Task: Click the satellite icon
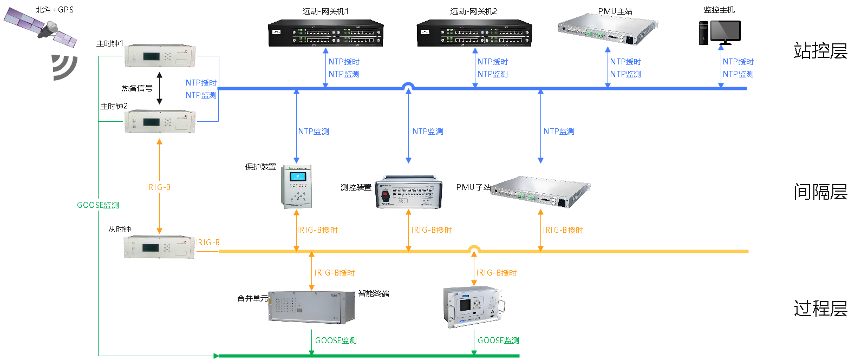click(41, 28)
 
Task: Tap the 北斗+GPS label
click(55, 10)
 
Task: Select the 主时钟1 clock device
click(160, 56)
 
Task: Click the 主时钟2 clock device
click(160, 121)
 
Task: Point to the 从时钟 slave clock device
click(159, 247)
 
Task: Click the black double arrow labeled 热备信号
click(159, 88)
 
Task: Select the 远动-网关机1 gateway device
click(326, 34)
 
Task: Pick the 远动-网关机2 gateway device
click(474, 34)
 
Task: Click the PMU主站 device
click(608, 29)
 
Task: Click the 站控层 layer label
click(820, 51)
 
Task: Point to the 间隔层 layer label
click(820, 192)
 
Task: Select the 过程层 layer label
click(820, 309)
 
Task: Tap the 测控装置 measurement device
click(408, 192)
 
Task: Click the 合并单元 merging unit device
click(311, 307)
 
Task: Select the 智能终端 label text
click(374, 293)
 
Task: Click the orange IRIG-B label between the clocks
click(158, 187)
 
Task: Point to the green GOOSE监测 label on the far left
click(98, 205)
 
